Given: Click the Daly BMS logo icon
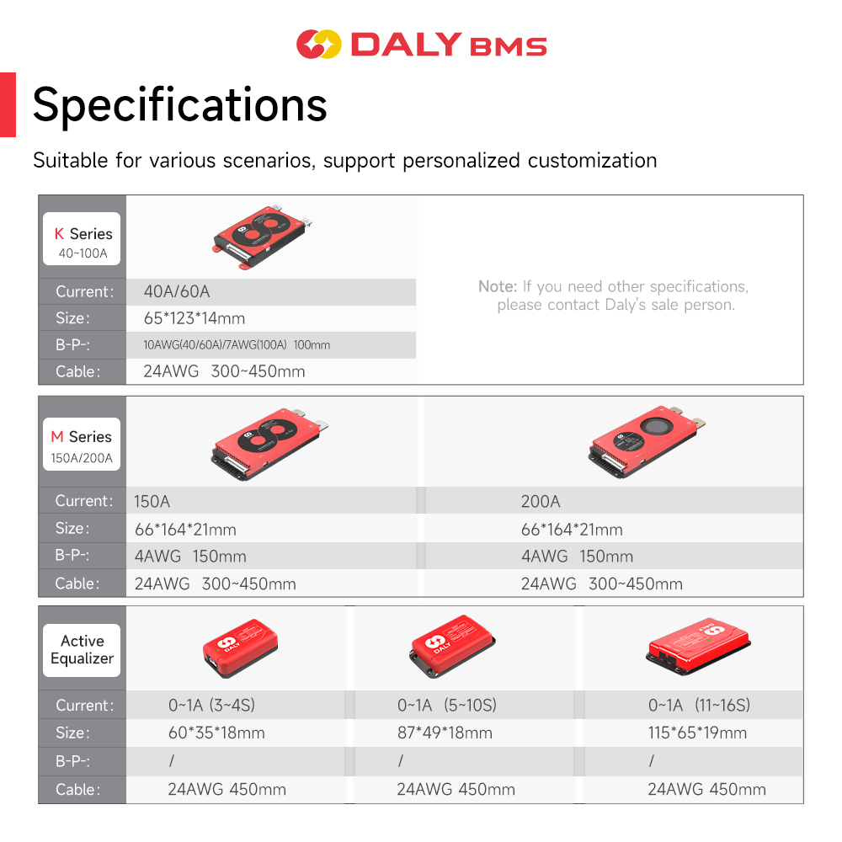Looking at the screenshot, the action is pos(318,44).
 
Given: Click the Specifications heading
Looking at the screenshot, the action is pos(180,105).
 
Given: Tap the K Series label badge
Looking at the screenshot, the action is pos(82,239).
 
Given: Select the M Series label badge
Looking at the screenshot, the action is pos(82,444).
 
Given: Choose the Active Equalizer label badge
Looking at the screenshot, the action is pos(82,650).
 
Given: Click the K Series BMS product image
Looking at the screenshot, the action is pos(263,237).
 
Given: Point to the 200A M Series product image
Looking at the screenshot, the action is pos(647,441).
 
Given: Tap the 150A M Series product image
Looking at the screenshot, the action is pos(269,444).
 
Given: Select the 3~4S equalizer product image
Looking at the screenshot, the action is pos(240,648).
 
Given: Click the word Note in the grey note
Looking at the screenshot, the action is pos(497,286).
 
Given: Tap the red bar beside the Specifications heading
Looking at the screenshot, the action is pos(8,104).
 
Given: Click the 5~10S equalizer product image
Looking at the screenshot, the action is pos(452,646).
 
